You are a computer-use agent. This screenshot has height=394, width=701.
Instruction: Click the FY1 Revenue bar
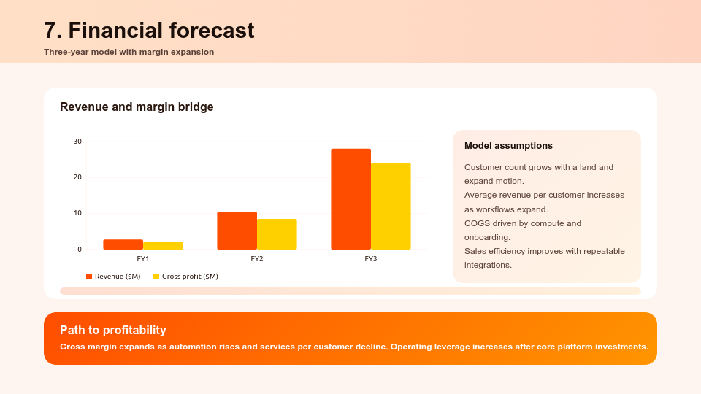[123, 244]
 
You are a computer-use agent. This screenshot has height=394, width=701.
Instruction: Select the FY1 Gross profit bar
[163, 246]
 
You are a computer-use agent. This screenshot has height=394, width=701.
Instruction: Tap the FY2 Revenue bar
[237, 231]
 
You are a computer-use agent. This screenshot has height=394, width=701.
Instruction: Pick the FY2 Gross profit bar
[277, 234]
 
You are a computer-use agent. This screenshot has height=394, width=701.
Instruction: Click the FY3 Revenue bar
[350, 199]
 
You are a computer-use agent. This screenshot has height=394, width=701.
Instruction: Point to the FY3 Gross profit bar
[391, 206]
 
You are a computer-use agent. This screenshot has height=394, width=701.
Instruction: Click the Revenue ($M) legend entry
[113, 277]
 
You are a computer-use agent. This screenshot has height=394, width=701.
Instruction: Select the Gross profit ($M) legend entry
[185, 277]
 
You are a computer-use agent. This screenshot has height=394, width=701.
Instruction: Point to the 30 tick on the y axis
[77, 142]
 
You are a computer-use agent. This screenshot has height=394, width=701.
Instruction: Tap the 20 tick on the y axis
[77, 177]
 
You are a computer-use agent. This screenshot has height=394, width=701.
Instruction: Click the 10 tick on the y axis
[77, 213]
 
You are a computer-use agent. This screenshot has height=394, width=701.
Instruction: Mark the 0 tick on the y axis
[80, 250]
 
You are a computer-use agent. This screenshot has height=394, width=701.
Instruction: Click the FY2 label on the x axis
[257, 259]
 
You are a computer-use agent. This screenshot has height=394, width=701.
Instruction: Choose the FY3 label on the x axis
[371, 259]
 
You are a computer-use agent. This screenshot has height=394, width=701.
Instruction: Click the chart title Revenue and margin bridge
[137, 107]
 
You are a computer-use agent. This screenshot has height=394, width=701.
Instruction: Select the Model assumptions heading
[508, 146]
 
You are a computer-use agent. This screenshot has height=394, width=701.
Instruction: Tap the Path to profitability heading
[113, 330]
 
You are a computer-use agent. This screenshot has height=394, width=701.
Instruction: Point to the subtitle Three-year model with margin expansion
[129, 52]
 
